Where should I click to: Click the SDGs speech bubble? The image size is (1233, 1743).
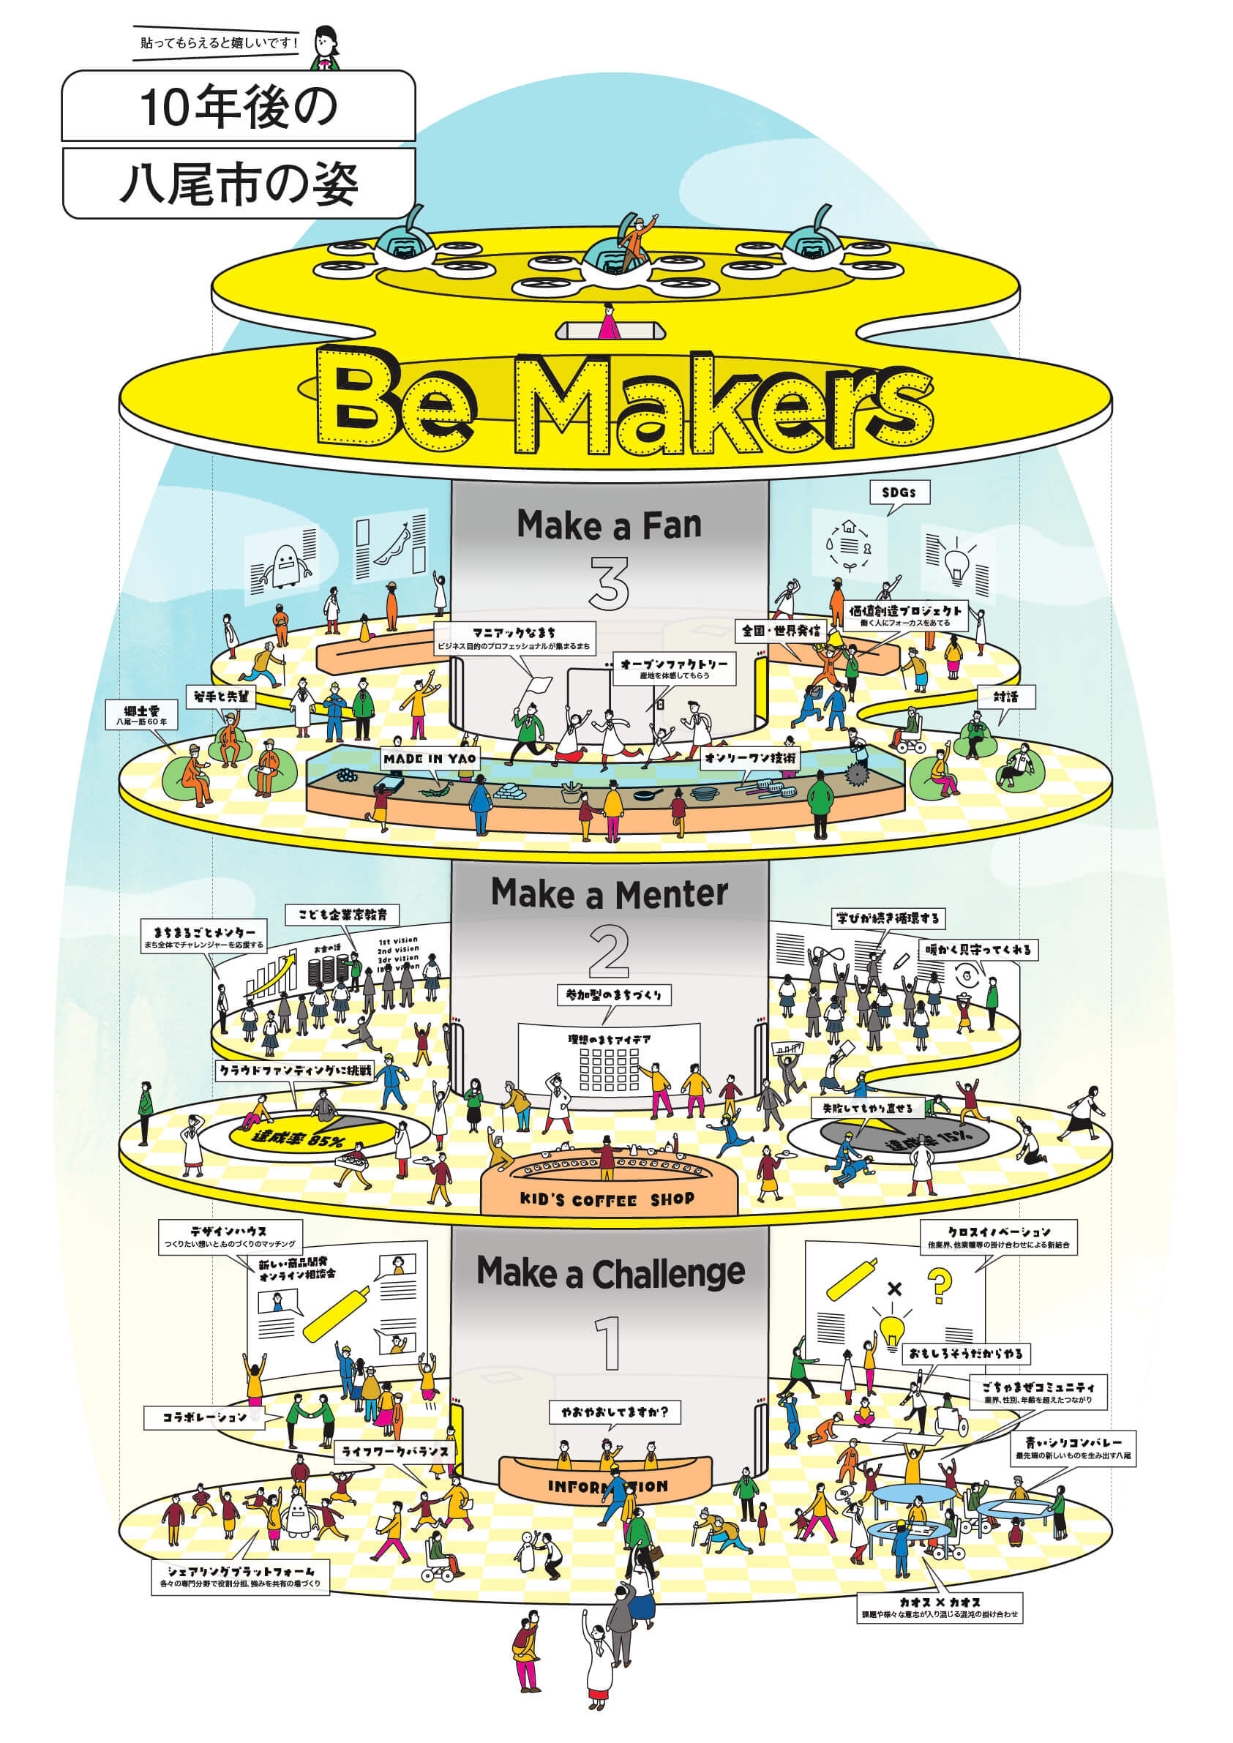pos(899,492)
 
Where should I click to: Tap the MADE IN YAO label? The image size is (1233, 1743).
pos(430,758)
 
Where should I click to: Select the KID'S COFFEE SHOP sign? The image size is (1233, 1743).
pos(607,1199)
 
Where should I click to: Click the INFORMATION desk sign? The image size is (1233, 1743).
pos(607,1485)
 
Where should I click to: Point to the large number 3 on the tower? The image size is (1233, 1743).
pos(609,583)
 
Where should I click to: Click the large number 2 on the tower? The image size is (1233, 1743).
pos(609,952)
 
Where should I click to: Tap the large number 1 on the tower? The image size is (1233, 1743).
pos(610,1343)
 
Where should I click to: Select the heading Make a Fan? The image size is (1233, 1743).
pos(609,525)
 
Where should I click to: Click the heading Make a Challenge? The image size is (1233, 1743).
pos(610,1273)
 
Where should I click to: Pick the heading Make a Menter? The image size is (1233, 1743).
pos(609,893)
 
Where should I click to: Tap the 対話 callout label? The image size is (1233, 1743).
pos(1006,696)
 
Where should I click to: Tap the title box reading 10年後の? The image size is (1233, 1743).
pos(239,106)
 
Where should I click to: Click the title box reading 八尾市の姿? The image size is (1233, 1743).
pos(239,183)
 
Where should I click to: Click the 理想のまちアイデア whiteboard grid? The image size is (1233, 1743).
pos(609,1070)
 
